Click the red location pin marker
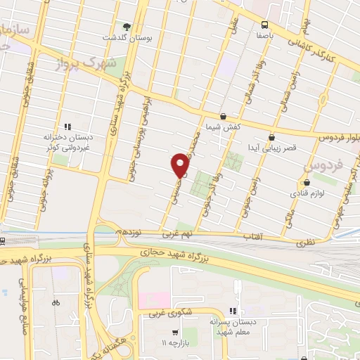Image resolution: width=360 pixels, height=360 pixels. click(x=180, y=165)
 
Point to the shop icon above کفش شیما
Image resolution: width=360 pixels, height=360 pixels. click(x=224, y=116)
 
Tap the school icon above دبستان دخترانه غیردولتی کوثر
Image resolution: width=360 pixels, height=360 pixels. click(x=67, y=127)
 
